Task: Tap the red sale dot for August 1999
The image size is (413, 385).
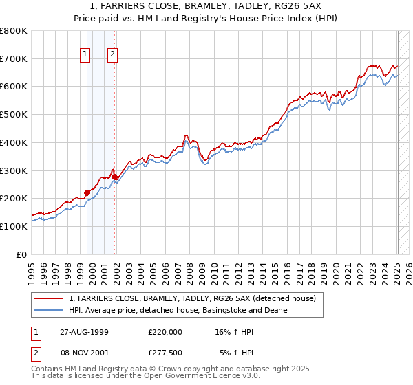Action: (x=87, y=192)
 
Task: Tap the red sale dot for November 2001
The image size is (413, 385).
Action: (x=114, y=177)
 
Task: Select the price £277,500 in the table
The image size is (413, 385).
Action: (x=165, y=353)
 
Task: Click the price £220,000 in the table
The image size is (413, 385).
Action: (x=165, y=332)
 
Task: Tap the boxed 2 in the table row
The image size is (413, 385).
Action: (x=34, y=353)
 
